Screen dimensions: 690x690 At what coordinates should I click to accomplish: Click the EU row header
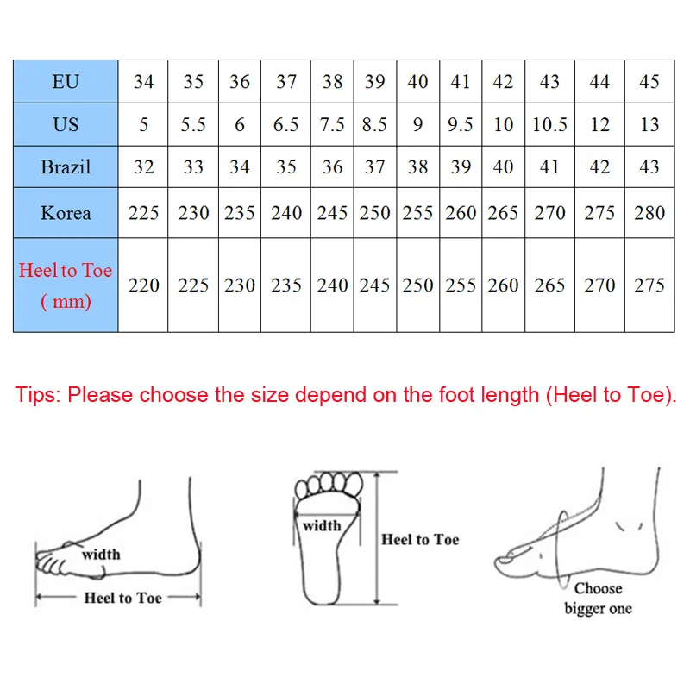point(66,81)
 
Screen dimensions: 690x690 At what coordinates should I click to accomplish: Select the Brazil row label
point(66,166)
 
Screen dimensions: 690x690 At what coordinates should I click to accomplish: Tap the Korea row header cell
point(66,213)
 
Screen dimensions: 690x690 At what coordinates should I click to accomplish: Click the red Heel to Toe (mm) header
point(66,285)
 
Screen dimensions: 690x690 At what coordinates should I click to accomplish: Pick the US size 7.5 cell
point(332,124)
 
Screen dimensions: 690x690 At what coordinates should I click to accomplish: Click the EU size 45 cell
point(649,81)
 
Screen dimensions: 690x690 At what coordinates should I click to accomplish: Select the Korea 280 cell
point(649,213)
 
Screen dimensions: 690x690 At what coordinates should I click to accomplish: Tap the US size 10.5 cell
point(549,124)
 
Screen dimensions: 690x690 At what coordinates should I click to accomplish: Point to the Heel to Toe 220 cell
point(143,285)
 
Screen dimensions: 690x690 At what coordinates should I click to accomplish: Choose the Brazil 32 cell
point(143,166)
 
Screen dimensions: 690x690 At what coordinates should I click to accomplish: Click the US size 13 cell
point(649,124)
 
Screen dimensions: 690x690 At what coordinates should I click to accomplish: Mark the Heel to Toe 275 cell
point(649,285)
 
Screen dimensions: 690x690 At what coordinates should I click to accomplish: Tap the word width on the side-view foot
point(101,554)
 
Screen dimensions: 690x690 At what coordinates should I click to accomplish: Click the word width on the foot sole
point(322,525)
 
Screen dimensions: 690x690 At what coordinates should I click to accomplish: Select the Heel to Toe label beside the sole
point(420,540)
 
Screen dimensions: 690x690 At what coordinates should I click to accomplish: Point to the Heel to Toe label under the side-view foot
point(122,598)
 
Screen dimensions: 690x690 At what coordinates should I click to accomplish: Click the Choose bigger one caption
point(598,599)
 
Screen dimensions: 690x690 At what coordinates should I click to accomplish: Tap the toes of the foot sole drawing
point(329,484)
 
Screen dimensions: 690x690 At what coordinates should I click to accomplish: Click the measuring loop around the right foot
point(558,550)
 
